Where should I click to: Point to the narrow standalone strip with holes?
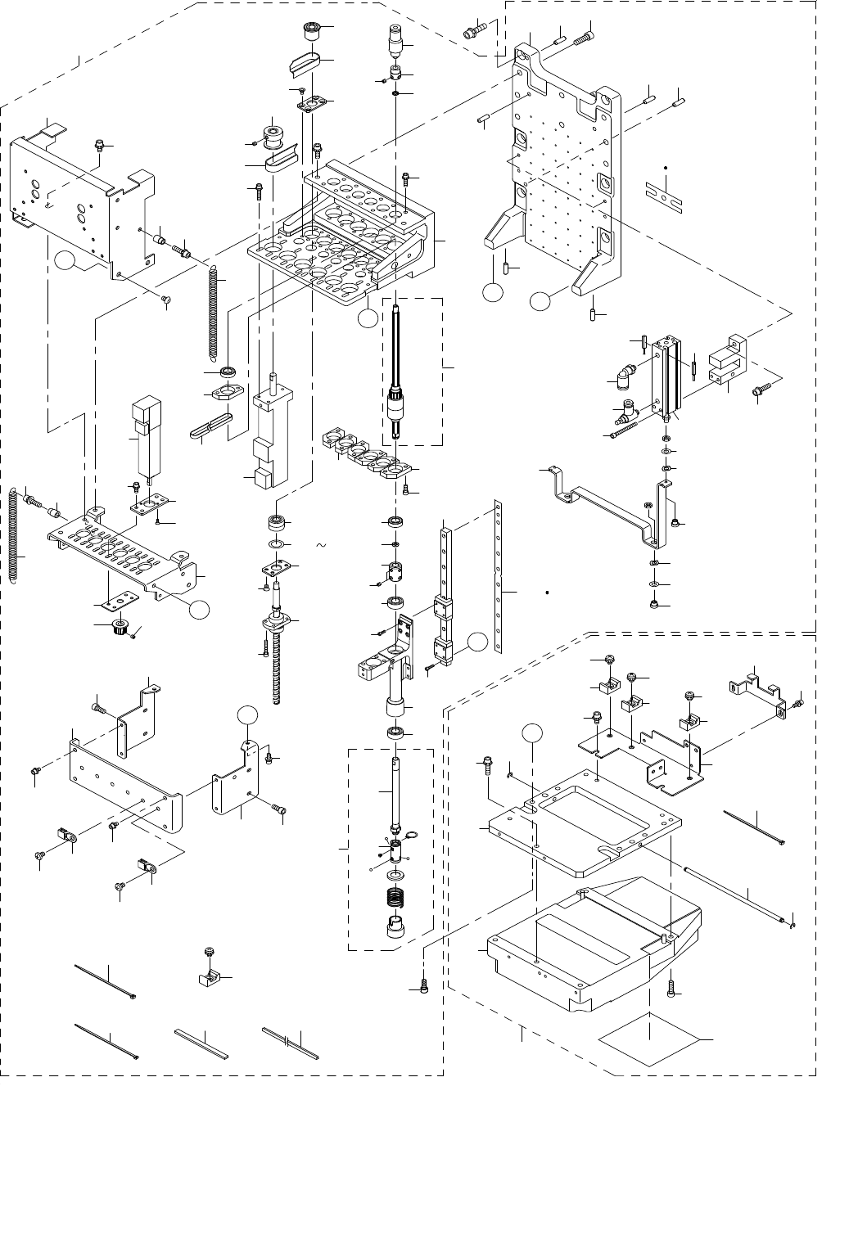point(498,577)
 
